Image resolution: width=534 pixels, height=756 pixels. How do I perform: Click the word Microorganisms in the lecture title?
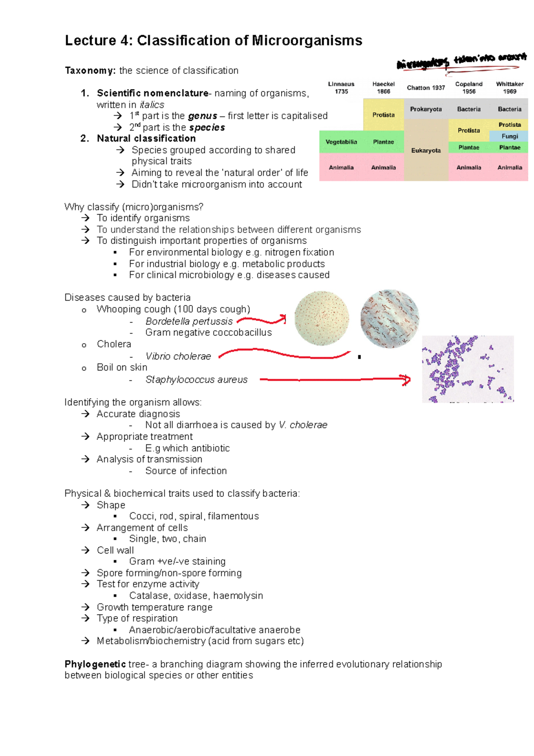coord(307,41)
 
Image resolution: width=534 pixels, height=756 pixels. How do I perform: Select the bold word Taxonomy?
coord(90,70)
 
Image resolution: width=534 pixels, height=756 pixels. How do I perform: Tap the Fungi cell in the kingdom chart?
coord(510,136)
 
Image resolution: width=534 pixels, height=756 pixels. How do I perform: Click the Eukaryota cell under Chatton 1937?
coord(426,150)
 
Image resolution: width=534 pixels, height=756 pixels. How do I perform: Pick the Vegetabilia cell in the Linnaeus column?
coord(341,142)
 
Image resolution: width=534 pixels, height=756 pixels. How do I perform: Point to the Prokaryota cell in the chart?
coord(426,109)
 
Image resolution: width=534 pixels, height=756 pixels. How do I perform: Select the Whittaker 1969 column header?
coord(510,88)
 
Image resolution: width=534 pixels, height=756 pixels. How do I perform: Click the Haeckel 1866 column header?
coord(383,88)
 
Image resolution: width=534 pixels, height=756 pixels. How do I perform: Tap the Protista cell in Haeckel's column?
coord(383,115)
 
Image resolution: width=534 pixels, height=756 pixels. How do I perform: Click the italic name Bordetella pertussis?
coord(189,321)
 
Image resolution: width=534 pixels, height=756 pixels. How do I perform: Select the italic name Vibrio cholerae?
coord(178,356)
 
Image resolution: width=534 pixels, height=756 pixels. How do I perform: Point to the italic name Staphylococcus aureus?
coord(196,380)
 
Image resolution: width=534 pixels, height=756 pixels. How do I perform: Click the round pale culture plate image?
coord(322,318)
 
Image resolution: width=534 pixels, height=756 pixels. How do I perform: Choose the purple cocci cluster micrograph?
coord(468,369)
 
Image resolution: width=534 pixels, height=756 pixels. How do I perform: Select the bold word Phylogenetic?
coord(95,664)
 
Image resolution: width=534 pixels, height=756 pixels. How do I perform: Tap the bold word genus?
coord(202,116)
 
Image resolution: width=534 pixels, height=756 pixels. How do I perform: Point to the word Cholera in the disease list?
coord(114,344)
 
